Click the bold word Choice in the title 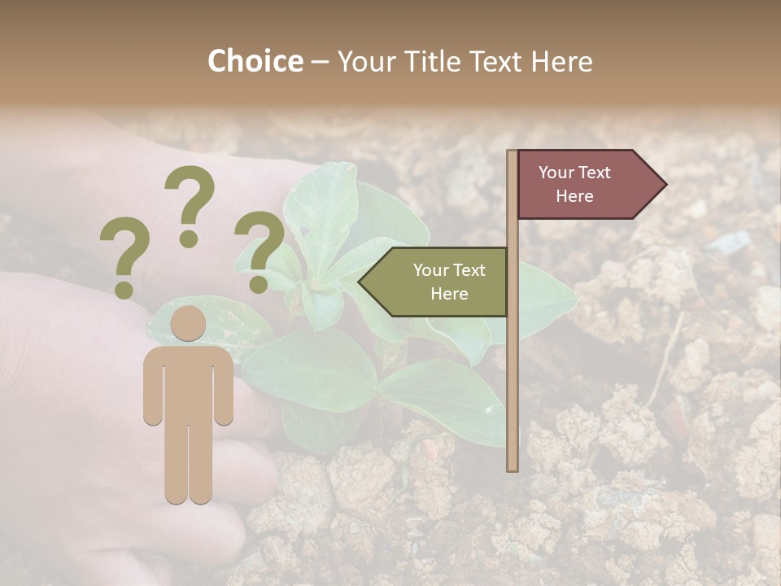pyautogui.click(x=255, y=61)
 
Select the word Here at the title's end pyautogui.click(x=561, y=61)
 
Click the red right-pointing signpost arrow pyautogui.click(x=586, y=184)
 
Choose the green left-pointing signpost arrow pyautogui.click(x=439, y=282)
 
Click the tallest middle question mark pyautogui.click(x=190, y=195)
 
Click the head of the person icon pyautogui.click(x=189, y=323)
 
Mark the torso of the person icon pyautogui.click(x=189, y=383)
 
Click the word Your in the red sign pyautogui.click(x=556, y=173)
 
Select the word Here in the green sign pyautogui.click(x=449, y=294)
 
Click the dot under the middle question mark pyautogui.click(x=190, y=238)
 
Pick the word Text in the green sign pyautogui.click(x=469, y=270)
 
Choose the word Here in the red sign pyautogui.click(x=574, y=196)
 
